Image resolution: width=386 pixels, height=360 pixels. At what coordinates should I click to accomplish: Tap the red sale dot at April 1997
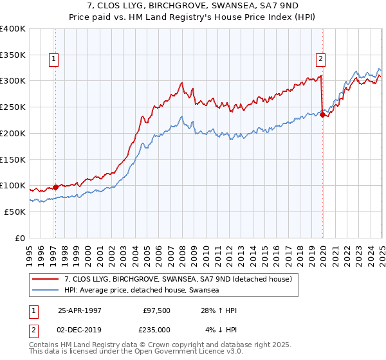tap(55, 187)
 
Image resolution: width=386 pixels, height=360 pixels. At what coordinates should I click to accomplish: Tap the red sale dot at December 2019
tap(322, 115)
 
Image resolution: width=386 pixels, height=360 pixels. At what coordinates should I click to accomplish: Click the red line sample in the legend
tap(46, 279)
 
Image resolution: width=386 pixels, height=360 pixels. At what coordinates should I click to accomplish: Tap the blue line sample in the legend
tap(46, 291)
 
